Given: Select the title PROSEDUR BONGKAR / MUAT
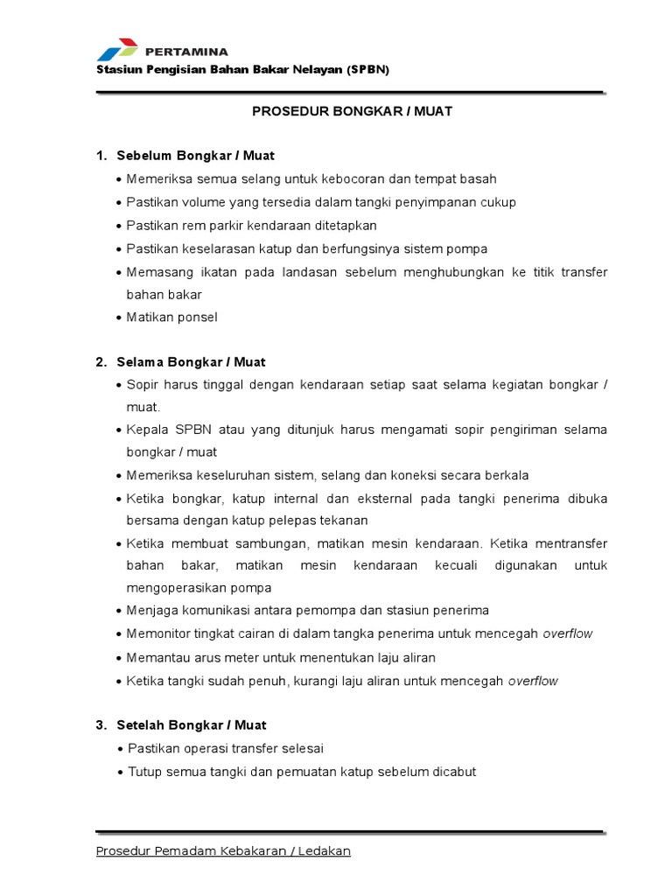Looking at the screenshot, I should click(x=352, y=112).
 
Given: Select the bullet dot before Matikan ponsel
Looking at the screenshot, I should click(x=119, y=318).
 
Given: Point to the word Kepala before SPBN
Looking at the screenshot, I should click(x=148, y=430).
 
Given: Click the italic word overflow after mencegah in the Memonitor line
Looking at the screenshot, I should click(x=568, y=633).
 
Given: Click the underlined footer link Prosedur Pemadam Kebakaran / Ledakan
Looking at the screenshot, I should click(x=223, y=850).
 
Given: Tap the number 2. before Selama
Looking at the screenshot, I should click(x=101, y=361).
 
